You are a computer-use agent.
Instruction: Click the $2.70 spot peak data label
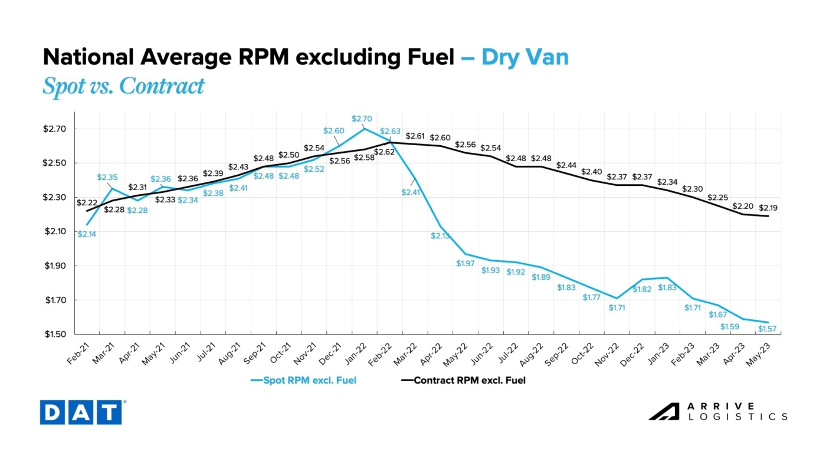pos(363,119)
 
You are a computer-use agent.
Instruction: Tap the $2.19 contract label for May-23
pos(768,207)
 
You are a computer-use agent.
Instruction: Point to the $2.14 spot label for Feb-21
pos(87,234)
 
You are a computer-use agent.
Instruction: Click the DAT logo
pos(81,412)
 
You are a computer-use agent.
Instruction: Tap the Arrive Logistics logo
pos(718,411)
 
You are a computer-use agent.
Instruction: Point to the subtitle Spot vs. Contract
pos(123,86)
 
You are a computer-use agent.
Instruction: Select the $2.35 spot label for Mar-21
pos(108,177)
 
